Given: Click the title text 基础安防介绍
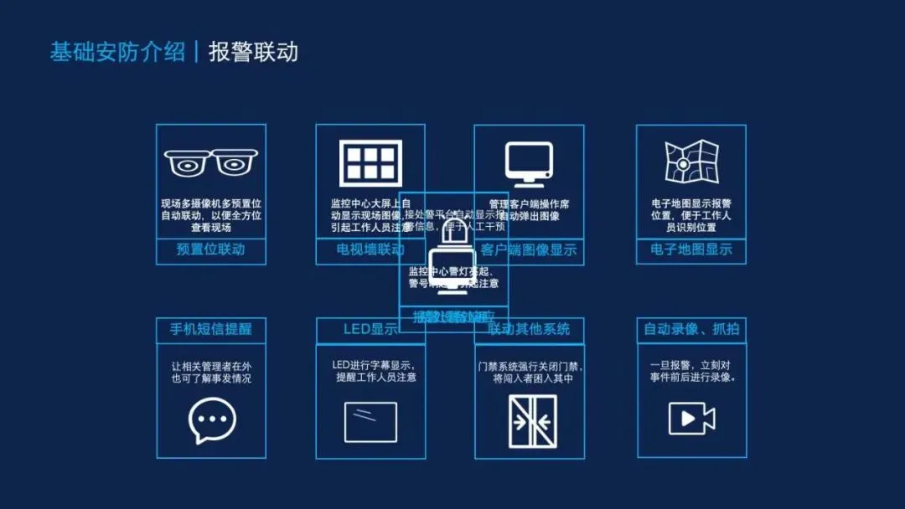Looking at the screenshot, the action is pyautogui.click(x=117, y=52).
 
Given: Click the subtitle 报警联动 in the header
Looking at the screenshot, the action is pyautogui.click(x=253, y=52).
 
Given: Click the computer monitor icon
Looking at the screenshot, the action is pyautogui.click(x=529, y=163).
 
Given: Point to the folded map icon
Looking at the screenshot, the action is pyautogui.click(x=691, y=162).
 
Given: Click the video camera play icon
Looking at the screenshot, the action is pyautogui.click(x=691, y=418).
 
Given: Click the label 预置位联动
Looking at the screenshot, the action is pyautogui.click(x=210, y=249).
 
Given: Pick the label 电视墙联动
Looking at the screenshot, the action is pyautogui.click(x=370, y=249).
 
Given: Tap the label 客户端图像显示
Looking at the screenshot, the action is pyautogui.click(x=530, y=249).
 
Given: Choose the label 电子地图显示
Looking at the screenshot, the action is pyautogui.click(x=691, y=249).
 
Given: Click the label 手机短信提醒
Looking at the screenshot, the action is pyautogui.click(x=211, y=329).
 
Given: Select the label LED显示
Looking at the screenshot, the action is pyautogui.click(x=370, y=329).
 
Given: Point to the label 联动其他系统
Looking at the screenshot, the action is pyautogui.click(x=529, y=329).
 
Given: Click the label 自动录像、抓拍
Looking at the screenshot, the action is pyautogui.click(x=691, y=329).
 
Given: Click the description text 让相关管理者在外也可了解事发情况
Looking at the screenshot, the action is pyautogui.click(x=211, y=373).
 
